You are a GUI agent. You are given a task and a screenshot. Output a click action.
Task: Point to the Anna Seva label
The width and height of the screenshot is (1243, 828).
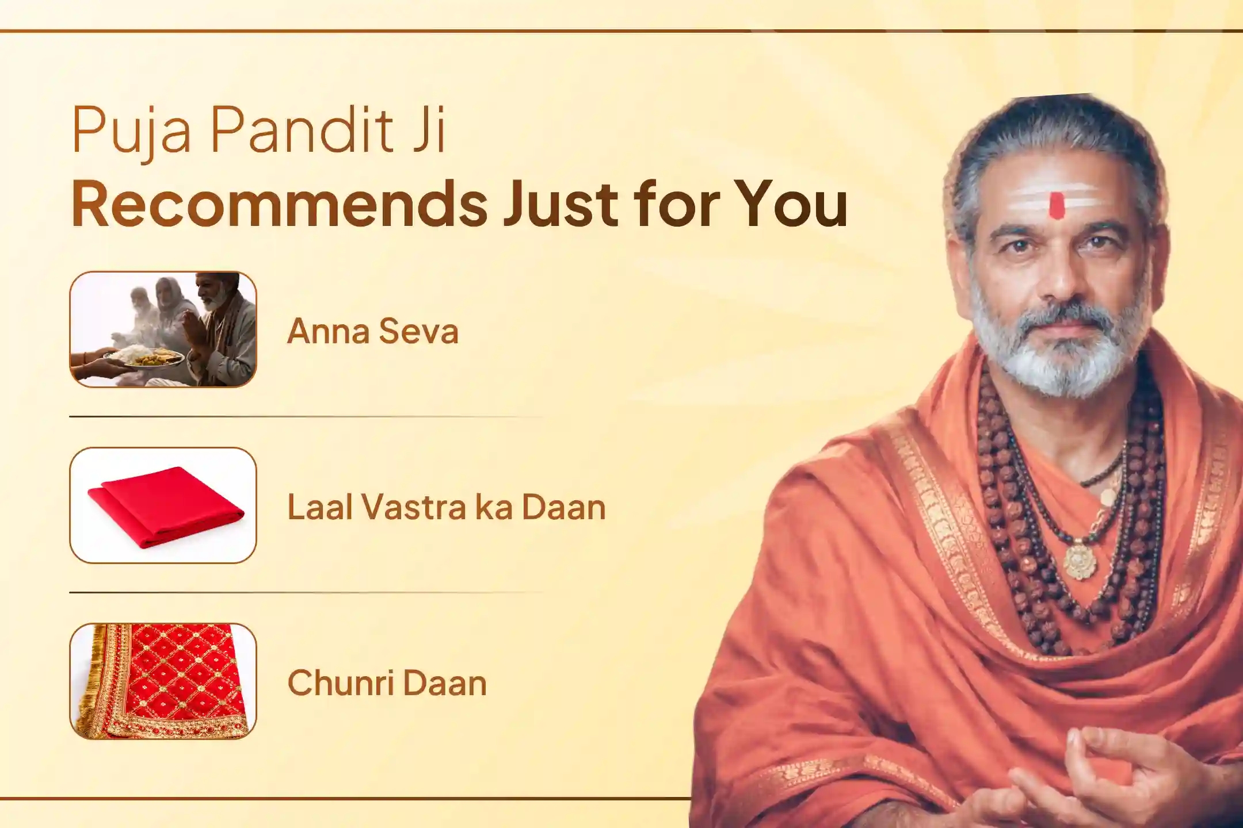pos(373,331)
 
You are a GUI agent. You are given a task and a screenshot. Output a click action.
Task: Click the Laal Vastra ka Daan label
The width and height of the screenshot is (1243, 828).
pos(447,507)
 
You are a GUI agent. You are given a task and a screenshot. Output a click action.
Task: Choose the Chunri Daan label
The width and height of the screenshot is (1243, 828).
pos(387,683)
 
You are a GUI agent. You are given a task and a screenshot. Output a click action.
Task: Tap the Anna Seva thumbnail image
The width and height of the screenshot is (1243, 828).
pos(163,329)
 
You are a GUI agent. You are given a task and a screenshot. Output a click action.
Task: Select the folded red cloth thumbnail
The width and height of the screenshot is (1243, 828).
pos(163,505)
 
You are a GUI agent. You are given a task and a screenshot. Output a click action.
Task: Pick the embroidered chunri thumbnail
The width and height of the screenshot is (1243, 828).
pos(163,681)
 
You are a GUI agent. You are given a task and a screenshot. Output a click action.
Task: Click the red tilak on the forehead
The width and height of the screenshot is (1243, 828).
pos(1056,206)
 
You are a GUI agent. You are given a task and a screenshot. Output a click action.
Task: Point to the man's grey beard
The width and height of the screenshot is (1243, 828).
pos(1056,345)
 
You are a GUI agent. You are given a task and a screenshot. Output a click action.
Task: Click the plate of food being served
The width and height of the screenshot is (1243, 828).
pos(151,358)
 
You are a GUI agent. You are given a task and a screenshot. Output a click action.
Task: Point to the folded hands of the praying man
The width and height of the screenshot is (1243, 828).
pos(192,339)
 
